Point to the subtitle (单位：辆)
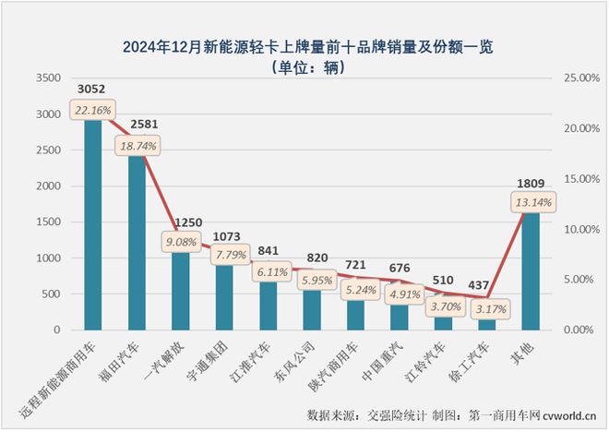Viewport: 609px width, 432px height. click(305, 66)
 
